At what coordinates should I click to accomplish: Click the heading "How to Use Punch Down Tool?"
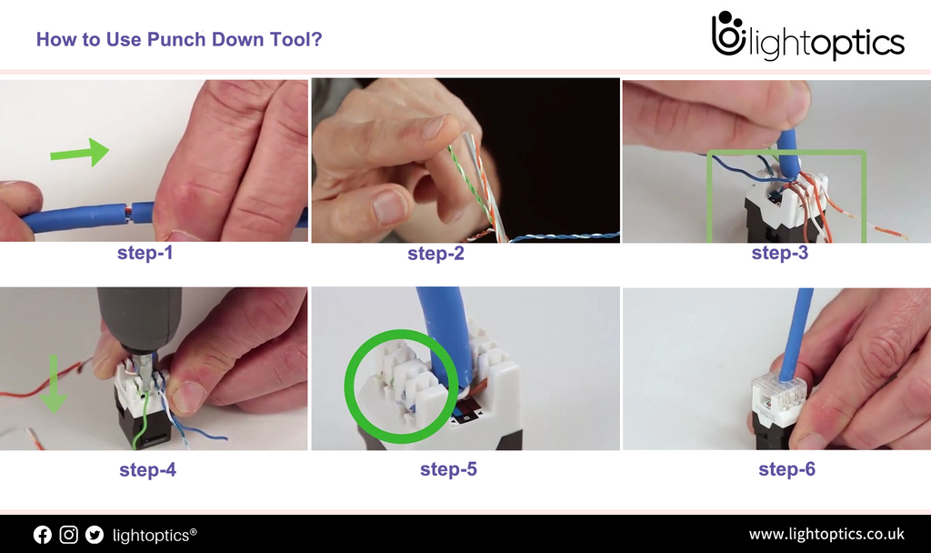point(178,40)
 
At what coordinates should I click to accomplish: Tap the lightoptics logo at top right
point(807,37)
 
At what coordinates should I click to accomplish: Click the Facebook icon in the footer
point(43,535)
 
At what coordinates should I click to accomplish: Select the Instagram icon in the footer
point(68,535)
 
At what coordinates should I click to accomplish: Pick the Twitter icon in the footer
point(94,535)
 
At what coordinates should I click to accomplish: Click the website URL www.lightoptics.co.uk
point(826,534)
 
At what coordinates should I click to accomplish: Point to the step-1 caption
point(145,253)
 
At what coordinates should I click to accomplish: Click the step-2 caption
point(435,254)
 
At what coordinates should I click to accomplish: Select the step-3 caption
point(779,253)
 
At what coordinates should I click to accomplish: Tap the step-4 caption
point(147,470)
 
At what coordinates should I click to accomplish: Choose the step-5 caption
point(448,469)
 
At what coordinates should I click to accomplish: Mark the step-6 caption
point(786,469)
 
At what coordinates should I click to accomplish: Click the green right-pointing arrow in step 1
point(92,151)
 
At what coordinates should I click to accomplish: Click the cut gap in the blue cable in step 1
point(128,212)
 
